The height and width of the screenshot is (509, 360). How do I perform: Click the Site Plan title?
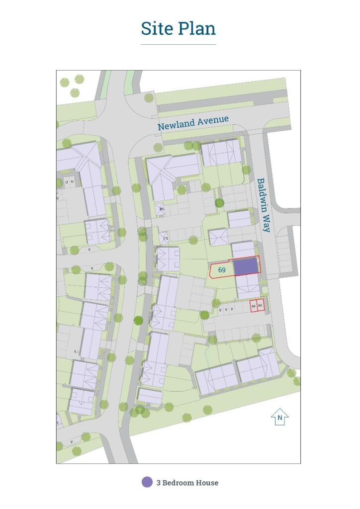tap(178, 28)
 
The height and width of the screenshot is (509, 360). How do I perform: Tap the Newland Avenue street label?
tap(193, 123)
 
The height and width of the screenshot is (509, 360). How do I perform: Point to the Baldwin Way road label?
tap(264, 205)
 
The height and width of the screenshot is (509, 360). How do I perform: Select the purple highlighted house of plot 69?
tap(246, 266)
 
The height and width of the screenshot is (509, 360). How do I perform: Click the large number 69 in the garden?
tap(222, 270)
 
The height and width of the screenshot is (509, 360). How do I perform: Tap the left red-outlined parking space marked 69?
tap(254, 306)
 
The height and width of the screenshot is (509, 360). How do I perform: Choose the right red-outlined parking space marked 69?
tap(260, 306)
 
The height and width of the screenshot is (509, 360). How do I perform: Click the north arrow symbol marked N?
tap(280, 418)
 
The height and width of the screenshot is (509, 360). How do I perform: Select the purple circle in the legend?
tap(147, 482)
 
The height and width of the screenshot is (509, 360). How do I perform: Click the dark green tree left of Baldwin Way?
tap(219, 203)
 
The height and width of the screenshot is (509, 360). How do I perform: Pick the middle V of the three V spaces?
tap(226, 309)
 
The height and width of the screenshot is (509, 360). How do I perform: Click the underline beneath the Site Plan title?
tap(178, 45)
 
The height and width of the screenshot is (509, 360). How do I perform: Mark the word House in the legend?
tap(208, 483)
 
